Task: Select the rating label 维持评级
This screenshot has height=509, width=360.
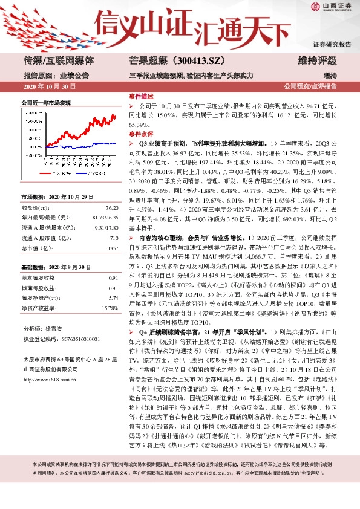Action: [x=317, y=60]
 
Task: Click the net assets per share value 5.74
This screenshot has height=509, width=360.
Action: [x=113, y=298]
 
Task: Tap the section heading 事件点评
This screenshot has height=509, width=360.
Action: [x=141, y=134]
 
